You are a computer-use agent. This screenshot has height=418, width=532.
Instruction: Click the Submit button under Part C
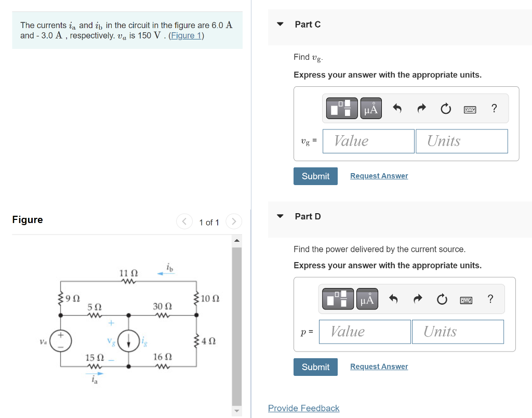[x=315, y=176]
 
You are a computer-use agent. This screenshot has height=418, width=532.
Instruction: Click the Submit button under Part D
[x=315, y=367]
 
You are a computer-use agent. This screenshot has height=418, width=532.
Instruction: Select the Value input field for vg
[x=368, y=141]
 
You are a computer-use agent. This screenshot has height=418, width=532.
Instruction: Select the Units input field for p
[x=457, y=332]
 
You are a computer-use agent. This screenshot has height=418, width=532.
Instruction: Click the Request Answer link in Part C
[x=379, y=176]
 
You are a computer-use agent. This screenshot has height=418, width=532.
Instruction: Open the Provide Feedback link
[x=303, y=408]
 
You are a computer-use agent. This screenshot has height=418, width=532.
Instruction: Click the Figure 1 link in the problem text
[x=186, y=35]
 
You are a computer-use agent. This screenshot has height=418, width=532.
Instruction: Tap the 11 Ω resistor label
[x=128, y=273]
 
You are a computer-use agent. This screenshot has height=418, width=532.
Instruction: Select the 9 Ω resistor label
[x=73, y=298]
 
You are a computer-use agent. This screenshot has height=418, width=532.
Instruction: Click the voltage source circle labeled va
[x=60, y=341]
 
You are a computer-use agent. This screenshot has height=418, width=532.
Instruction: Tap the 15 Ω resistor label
[x=95, y=358]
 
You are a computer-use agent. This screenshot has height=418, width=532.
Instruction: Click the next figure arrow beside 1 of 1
[x=234, y=222]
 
